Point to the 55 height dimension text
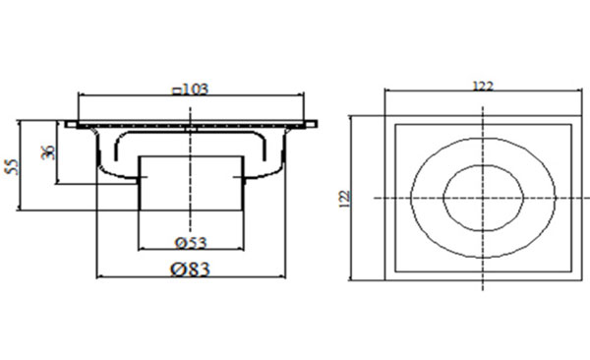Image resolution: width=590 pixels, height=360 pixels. (12, 165)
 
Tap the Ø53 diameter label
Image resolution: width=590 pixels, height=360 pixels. (190, 242)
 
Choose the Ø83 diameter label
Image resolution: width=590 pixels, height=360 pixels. (191, 269)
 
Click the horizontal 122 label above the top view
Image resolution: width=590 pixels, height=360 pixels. (482, 87)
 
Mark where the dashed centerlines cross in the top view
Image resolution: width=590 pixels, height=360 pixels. (483, 197)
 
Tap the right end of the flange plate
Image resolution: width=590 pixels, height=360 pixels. (315, 125)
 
